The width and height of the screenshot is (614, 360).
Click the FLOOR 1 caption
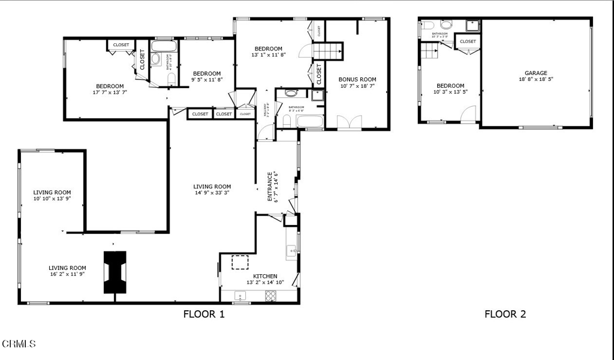(x=204, y=314)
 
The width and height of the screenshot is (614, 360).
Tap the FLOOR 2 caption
(x=505, y=314)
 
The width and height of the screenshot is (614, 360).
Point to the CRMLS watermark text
(x=19, y=344)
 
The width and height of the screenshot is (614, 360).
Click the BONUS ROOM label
(x=357, y=79)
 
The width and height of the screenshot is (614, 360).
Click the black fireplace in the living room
(x=115, y=272)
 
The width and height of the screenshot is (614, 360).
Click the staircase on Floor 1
(x=327, y=51)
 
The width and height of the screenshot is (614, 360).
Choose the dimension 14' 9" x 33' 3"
(x=212, y=193)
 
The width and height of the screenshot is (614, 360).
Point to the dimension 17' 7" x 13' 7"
(x=110, y=92)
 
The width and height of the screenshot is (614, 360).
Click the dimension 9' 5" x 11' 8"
(x=207, y=79)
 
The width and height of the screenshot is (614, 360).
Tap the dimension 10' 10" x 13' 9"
(x=52, y=199)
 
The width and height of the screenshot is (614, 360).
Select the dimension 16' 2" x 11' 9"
(x=67, y=274)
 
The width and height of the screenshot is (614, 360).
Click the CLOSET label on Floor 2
(x=468, y=41)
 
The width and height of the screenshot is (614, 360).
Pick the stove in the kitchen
(x=271, y=295)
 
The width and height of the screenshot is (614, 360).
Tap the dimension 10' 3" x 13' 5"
(x=450, y=92)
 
